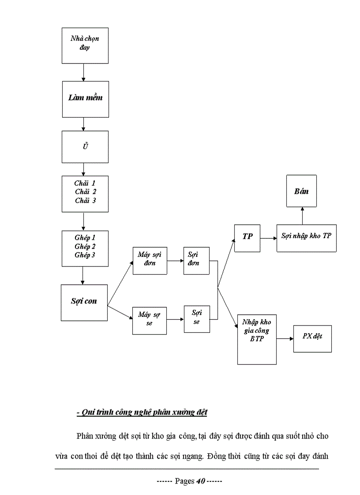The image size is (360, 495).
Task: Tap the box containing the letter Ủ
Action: (85, 147)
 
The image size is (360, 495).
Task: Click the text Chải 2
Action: (85, 192)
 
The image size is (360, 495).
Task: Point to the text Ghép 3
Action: (85, 255)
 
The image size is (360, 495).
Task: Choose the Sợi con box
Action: (84, 302)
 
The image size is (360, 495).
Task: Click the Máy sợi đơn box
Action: (150, 261)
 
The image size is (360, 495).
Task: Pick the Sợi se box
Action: (197, 318)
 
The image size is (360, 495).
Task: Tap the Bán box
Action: (301, 191)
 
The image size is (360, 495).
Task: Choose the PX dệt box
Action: (312, 339)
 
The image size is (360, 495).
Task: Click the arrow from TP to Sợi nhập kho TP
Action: (268, 238)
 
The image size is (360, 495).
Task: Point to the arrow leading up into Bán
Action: (302, 216)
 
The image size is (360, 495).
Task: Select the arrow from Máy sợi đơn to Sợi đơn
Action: (175, 261)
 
